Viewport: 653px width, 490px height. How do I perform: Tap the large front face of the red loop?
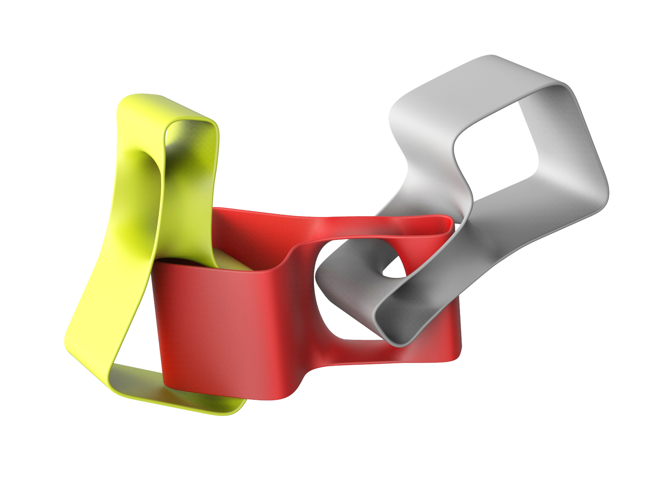click(229, 322)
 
